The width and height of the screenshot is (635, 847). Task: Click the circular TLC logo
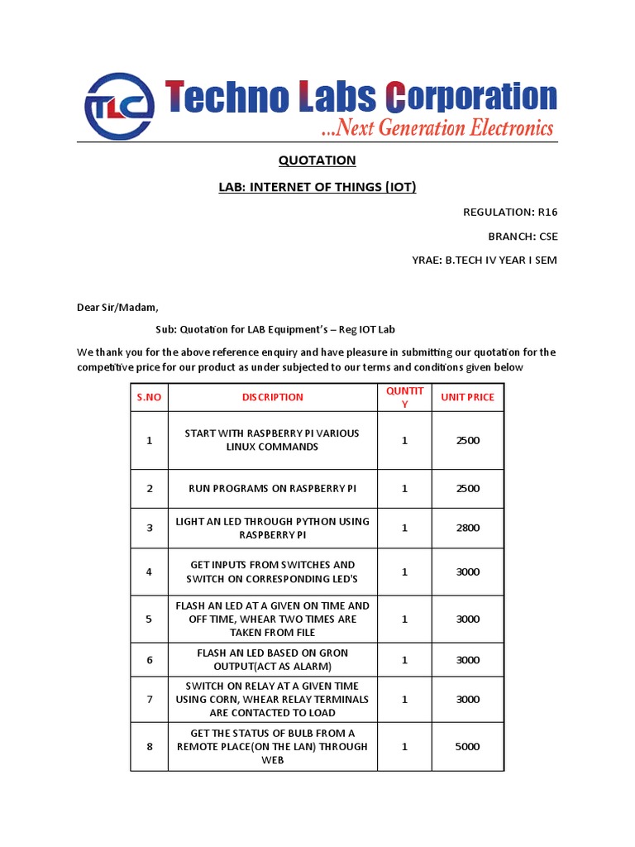tap(119, 107)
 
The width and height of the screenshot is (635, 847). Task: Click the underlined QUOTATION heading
tap(317, 160)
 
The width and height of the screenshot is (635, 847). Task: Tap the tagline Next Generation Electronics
tap(437, 128)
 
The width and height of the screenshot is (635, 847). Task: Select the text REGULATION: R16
tap(510, 212)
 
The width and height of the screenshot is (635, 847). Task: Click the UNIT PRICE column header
tap(467, 397)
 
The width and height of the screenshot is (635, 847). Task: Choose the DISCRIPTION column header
tap(273, 397)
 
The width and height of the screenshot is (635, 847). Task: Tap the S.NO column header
tap(149, 397)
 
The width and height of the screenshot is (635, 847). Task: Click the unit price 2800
tap(467, 528)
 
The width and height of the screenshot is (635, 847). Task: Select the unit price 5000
tap(467, 746)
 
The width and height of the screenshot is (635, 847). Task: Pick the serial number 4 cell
tap(150, 572)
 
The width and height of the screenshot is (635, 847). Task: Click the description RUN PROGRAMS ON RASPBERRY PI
tap(273, 488)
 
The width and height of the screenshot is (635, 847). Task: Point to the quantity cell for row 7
tap(405, 699)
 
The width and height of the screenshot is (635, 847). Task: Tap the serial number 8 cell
tap(150, 746)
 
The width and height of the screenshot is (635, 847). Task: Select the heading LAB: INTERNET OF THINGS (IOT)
tap(317, 187)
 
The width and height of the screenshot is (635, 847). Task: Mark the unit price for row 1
tap(467, 440)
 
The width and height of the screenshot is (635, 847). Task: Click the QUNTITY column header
tap(405, 397)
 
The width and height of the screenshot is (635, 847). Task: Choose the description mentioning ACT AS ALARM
tap(273, 659)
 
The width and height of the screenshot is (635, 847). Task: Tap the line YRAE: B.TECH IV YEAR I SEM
tap(485, 260)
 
